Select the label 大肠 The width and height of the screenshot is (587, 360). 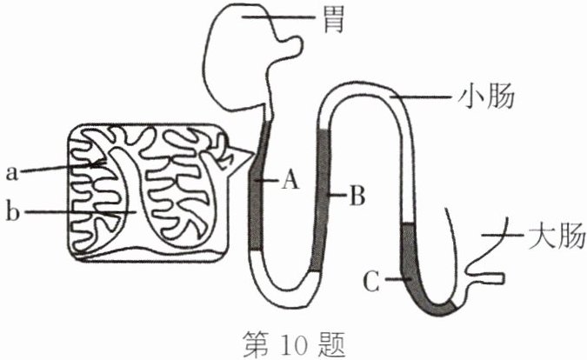click(555, 236)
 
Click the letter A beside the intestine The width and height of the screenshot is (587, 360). click(290, 181)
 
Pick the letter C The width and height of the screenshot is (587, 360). click(371, 281)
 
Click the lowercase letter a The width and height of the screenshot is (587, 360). click(11, 172)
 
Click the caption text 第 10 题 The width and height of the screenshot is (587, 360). click(293, 344)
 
